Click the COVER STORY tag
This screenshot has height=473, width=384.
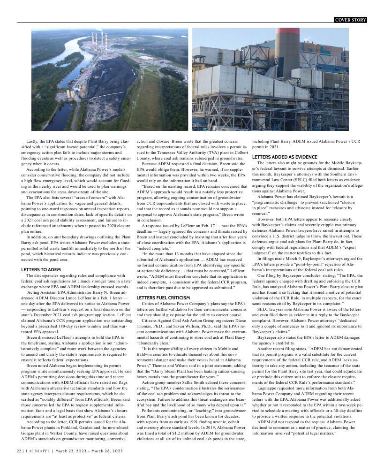tap(350, 20)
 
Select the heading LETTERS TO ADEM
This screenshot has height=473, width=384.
tap(41, 269)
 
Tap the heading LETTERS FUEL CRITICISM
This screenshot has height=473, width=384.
tap(163, 298)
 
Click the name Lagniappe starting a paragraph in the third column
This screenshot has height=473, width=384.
tap(268, 388)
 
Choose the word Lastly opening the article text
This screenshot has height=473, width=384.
tap(32, 141)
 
